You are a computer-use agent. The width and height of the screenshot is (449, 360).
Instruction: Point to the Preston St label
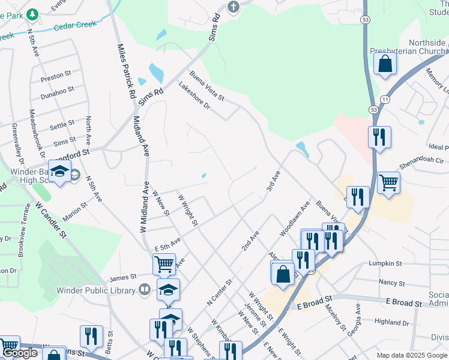tap(56, 77)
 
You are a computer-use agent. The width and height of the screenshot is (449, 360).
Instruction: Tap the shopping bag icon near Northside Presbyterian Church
tap(385, 64)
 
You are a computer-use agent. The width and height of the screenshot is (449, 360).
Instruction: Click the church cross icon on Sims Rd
tap(233, 7)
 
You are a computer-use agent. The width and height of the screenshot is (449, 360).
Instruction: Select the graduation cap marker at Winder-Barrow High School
tap(60, 172)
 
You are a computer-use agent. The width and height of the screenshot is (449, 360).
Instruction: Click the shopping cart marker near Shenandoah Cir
tap(389, 183)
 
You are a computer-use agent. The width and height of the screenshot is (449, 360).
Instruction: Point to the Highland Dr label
tap(391, 322)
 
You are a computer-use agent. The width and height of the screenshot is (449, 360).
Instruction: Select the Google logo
tap(20, 353)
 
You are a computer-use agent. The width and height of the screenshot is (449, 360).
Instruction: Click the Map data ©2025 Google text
tap(412, 355)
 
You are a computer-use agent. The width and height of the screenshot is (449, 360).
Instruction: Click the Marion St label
tap(76, 215)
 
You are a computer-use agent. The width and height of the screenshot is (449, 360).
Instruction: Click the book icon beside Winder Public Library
tap(144, 290)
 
